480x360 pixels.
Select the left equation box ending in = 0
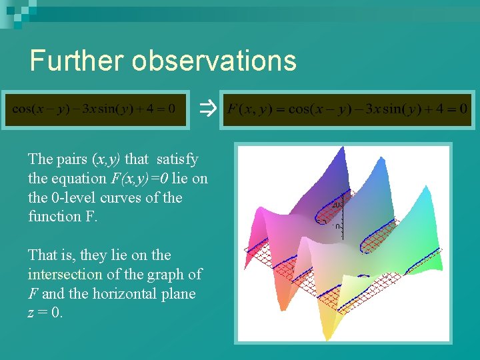(x=95, y=108)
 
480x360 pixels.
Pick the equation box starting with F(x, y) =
(x=347, y=108)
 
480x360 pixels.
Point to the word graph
(x=167, y=275)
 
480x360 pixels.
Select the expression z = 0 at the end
(x=45, y=313)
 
